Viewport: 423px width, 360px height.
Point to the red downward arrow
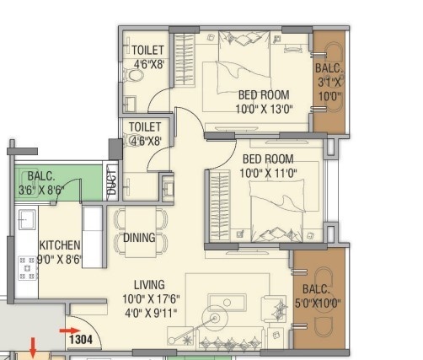tap(35, 346)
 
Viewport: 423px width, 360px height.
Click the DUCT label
tap(110, 184)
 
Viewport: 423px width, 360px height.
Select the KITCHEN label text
tap(59, 245)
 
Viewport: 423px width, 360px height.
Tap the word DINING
tap(139, 238)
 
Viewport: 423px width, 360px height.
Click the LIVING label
tap(148, 284)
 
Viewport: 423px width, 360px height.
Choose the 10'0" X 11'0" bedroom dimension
tap(268, 172)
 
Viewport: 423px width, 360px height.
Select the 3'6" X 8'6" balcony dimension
tap(41, 191)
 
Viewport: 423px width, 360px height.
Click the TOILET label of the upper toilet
tap(147, 51)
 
